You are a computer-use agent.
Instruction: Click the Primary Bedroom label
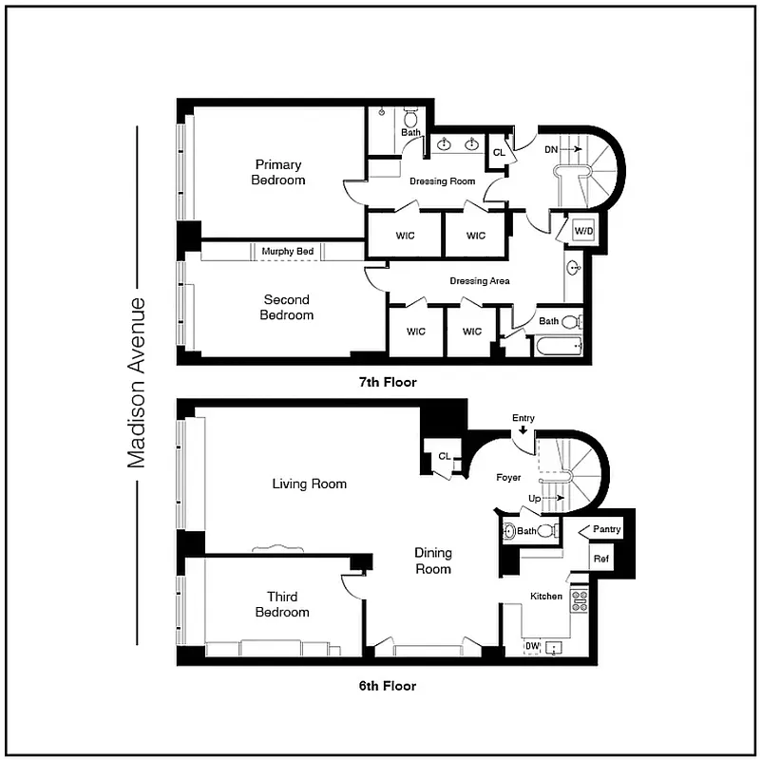click(278, 172)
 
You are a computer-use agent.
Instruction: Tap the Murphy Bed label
click(288, 251)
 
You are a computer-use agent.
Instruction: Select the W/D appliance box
click(582, 230)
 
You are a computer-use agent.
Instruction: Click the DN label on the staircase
click(551, 150)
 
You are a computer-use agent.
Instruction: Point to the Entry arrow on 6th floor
click(524, 430)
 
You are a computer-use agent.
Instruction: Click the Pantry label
click(606, 529)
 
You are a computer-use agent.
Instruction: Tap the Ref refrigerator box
click(600, 559)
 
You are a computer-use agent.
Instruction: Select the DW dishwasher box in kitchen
click(532, 647)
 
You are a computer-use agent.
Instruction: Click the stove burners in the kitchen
click(579, 599)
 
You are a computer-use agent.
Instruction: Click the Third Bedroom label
click(282, 604)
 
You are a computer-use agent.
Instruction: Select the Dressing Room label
click(441, 180)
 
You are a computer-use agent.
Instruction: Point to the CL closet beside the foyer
click(444, 456)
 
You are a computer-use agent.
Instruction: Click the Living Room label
click(309, 484)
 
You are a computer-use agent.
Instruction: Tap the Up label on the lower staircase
click(536, 498)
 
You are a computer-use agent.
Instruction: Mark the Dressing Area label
click(480, 280)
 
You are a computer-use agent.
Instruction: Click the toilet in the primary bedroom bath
click(410, 118)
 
